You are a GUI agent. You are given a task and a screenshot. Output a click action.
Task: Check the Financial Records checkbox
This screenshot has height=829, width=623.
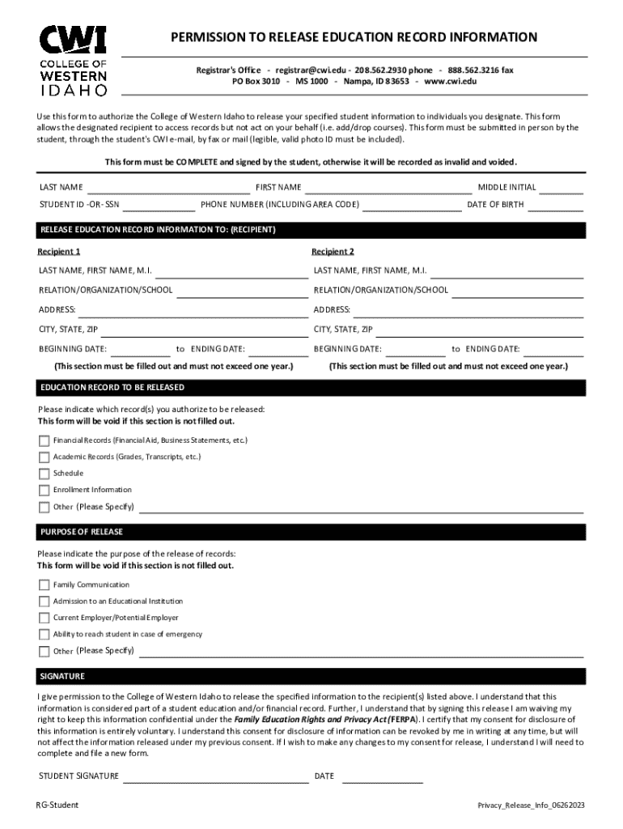(44, 441)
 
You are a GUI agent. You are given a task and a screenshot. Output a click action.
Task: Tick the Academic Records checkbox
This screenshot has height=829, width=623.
(44, 457)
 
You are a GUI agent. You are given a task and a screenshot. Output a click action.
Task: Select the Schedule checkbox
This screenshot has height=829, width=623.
(44, 474)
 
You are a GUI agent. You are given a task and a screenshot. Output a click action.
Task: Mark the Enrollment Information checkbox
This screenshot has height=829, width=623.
(44, 491)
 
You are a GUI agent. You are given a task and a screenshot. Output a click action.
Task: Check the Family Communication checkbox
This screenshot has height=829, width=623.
(44, 585)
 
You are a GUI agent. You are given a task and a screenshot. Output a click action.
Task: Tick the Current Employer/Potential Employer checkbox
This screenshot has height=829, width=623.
(44, 619)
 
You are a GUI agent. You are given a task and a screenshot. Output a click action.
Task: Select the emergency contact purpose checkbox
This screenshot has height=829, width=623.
(44, 635)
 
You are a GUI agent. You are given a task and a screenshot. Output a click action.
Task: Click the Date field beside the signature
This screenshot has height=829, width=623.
(382, 778)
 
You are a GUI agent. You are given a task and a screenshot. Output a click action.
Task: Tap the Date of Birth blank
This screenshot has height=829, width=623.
(556, 206)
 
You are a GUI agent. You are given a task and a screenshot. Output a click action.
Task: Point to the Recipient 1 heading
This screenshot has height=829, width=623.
(59, 252)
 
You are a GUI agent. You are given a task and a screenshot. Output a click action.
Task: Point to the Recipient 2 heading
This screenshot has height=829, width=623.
(333, 252)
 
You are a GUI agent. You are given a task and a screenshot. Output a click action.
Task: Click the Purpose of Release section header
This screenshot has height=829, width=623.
(81, 532)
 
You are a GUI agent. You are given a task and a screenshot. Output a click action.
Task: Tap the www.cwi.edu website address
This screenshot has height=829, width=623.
(451, 82)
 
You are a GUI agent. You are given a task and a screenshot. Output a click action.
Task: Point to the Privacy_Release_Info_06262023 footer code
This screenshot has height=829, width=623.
(531, 806)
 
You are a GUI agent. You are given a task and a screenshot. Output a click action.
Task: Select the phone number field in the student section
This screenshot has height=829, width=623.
(413, 206)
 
